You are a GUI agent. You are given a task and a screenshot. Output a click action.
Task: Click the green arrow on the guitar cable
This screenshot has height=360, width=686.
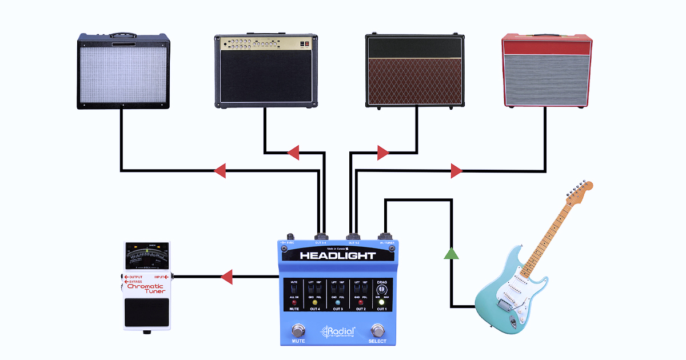pos(452,253)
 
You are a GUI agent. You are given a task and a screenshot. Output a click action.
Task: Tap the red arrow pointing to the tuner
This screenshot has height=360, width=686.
pos(226,277)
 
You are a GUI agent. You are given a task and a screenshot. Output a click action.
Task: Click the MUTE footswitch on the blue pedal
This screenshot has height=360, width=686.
pos(298,330)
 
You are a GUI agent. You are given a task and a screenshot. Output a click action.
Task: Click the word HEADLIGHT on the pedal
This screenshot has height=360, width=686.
pos(337,255)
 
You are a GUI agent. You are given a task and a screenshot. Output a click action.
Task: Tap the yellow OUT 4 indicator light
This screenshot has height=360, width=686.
pos(314,302)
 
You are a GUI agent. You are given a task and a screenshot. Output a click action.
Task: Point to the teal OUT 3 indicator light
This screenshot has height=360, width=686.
pos(337,302)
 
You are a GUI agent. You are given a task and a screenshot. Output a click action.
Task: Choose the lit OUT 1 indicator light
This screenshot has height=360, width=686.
pos(381,302)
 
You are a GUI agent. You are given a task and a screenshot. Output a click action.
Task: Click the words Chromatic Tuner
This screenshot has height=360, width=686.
pos(145,289)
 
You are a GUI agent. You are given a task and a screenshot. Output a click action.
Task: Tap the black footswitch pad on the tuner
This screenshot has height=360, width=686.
pos(147,313)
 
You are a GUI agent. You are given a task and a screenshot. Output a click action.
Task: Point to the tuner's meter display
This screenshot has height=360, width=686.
pos(147,257)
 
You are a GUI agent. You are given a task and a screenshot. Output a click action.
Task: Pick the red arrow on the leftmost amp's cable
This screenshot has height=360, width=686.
pos(219,170)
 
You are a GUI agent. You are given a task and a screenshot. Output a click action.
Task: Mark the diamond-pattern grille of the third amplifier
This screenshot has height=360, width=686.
pos(414,82)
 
